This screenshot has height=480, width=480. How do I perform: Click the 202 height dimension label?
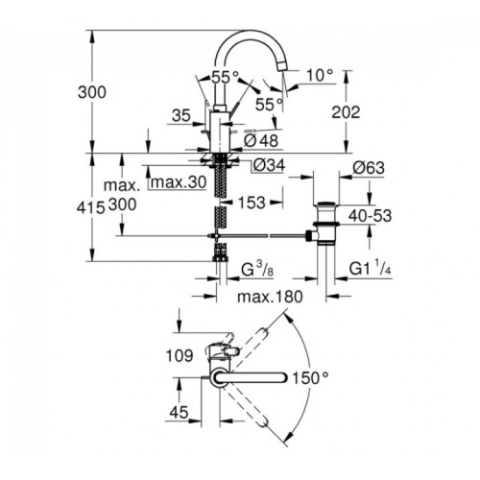346,112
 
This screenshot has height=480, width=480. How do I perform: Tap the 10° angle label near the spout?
320,75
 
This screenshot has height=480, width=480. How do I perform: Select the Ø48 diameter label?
261,141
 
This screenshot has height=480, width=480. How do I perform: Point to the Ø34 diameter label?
269,165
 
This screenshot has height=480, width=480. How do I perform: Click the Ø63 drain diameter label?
369,168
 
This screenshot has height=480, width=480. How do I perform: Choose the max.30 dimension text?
179,182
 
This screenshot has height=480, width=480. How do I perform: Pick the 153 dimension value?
252,203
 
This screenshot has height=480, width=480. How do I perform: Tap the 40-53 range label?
370,216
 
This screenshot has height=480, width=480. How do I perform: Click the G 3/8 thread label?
257,270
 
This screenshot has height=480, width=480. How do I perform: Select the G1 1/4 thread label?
370,269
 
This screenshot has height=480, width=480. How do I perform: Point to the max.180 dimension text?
270,297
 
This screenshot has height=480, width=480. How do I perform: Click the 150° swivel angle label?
310,378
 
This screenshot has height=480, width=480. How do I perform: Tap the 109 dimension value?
180,355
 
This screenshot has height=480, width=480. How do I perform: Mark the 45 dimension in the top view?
179,413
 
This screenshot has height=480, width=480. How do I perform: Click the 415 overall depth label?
91,208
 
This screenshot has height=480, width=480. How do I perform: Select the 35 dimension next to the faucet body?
181,115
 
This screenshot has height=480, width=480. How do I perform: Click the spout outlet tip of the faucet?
284,66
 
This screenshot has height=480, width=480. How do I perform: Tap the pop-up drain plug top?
325,204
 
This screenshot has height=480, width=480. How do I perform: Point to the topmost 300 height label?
92,92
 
